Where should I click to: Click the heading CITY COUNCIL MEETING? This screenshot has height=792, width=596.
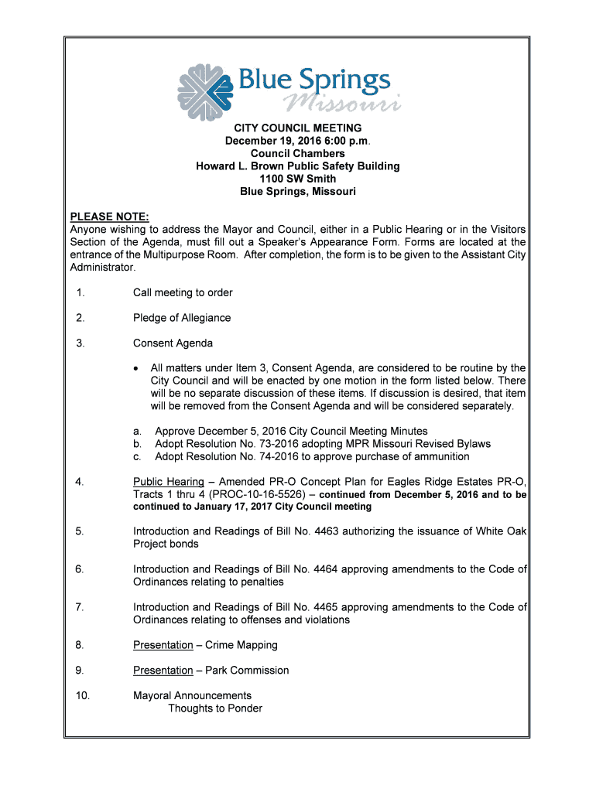(x=298, y=128)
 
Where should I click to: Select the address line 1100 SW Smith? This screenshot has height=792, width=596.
(x=298, y=179)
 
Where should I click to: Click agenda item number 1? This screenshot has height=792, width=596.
(x=80, y=293)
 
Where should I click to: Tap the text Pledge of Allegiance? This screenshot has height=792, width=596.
(x=182, y=318)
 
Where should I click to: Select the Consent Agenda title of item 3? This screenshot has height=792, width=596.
(x=173, y=343)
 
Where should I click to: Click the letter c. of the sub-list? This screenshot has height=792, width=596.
(x=137, y=457)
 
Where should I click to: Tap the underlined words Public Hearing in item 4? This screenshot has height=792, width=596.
(x=169, y=482)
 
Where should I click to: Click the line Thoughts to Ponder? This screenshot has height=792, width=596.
(x=215, y=708)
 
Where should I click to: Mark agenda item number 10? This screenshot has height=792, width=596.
(x=83, y=695)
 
